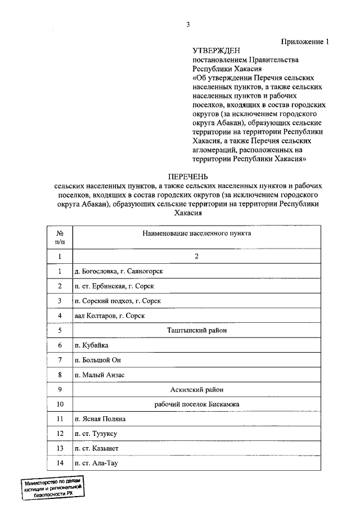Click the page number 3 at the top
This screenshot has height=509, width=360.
[x=188, y=24]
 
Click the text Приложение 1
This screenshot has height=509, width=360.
[x=304, y=41]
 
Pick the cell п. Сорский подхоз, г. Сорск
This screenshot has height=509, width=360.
[x=118, y=301]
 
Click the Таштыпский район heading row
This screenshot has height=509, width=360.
[x=196, y=331]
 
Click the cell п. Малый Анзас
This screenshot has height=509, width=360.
[x=99, y=375]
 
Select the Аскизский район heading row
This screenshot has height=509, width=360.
[x=196, y=389]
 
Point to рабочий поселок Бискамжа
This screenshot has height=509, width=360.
[x=196, y=404]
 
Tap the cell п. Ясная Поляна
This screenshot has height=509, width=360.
[x=100, y=419]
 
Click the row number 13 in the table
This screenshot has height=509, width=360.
[x=60, y=448]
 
